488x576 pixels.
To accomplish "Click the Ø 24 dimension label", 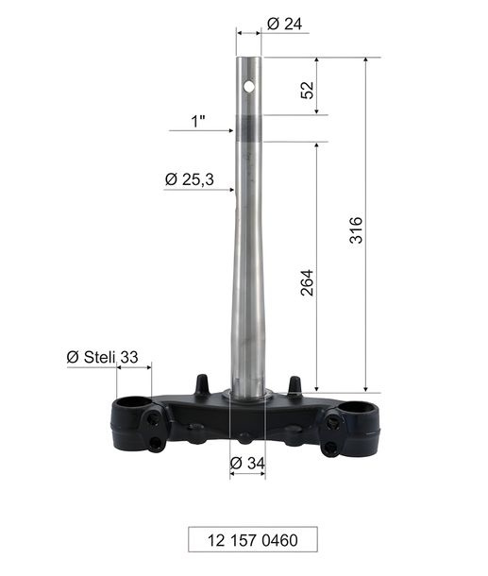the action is [x=284, y=25].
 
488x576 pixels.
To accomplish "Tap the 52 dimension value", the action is [x=308, y=90].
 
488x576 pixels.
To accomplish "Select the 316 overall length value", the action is [x=356, y=230].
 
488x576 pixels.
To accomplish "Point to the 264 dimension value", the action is [x=307, y=282].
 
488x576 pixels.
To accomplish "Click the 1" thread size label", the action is [x=198, y=121].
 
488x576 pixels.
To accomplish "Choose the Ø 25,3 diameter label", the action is [x=190, y=179].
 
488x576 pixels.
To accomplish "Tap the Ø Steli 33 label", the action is [x=103, y=357].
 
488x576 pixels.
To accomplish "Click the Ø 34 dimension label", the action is [x=247, y=464].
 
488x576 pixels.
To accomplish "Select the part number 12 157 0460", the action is [x=253, y=540].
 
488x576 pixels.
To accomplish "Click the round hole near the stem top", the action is [x=249, y=87].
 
